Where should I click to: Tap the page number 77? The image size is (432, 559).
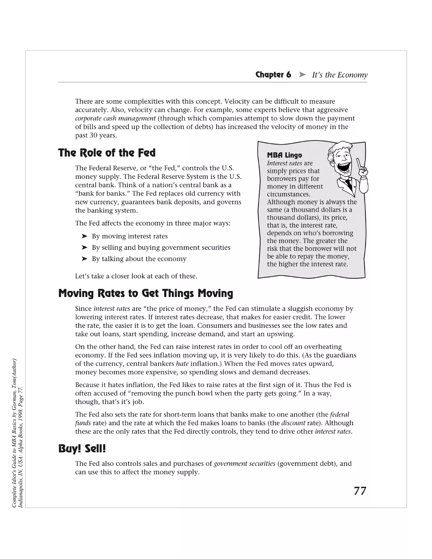360,491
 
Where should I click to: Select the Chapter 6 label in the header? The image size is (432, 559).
273,75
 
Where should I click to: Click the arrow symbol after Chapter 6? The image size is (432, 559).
302,75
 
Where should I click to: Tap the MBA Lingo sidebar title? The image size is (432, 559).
284,155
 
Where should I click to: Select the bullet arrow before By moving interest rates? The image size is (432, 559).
84,236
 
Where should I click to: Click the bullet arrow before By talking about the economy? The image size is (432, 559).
84,259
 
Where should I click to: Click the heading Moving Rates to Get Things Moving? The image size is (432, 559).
146,293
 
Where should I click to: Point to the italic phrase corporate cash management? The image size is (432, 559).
115,119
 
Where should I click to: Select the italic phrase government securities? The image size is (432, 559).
244,463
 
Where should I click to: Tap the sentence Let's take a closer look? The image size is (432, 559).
136,276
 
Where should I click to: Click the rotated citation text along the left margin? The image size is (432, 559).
18,433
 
